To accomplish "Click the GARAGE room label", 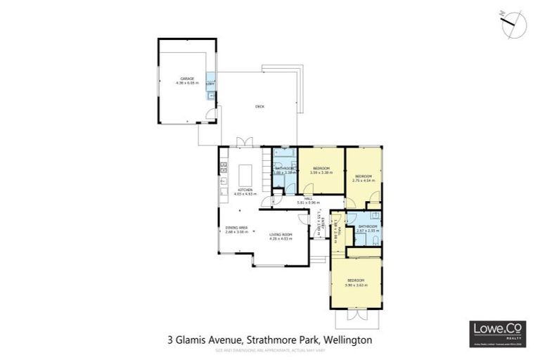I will (x=186, y=80).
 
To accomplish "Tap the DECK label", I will (x=259, y=106).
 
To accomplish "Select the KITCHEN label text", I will (x=245, y=192).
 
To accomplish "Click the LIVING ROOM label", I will (x=281, y=237).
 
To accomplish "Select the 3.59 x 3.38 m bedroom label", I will (x=321, y=170).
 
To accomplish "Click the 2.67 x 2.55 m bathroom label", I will (x=368, y=229).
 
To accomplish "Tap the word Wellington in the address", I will (x=347, y=340).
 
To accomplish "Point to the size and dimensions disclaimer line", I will (x=269, y=349).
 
